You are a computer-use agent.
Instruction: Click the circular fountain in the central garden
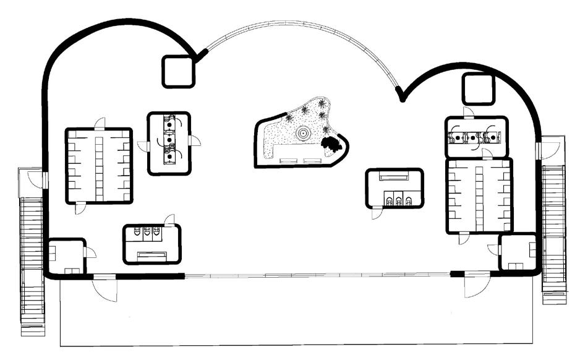[303, 133]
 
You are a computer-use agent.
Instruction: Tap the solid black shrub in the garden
[332, 144]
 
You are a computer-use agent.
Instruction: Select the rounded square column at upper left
[179, 71]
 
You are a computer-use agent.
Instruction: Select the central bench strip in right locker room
[479, 195]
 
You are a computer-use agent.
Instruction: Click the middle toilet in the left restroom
[147, 233]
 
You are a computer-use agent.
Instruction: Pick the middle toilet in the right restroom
[399, 199]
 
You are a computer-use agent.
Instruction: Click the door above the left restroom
[169, 220]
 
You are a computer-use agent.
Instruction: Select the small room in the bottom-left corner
[66, 255]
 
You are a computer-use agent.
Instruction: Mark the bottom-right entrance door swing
[479, 286]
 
